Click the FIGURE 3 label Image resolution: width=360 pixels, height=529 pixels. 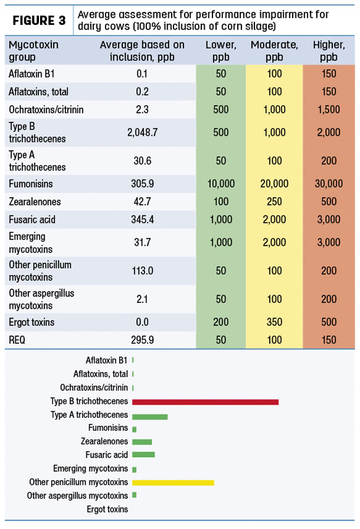pyautogui.click(x=39, y=21)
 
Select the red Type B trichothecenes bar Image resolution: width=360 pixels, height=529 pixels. pyautogui.click(x=205, y=402)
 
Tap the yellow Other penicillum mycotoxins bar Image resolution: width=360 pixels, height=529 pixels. pyautogui.click(x=173, y=483)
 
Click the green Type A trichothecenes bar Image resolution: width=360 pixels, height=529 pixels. pyautogui.click(x=150, y=417)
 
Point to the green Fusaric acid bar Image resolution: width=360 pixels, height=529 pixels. pyautogui.click(x=143, y=455)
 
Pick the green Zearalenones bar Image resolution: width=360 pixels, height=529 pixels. pyautogui.click(x=142, y=442)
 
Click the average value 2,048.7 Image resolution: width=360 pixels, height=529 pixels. pyautogui.click(x=142, y=132)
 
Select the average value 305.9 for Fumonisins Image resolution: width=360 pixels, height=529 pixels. pyautogui.click(x=142, y=184)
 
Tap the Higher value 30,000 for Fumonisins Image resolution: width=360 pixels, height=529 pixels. pyautogui.click(x=329, y=184)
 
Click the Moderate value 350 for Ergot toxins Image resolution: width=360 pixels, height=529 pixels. pyautogui.click(x=274, y=322)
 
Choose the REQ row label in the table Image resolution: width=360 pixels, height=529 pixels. pyautogui.click(x=17, y=339)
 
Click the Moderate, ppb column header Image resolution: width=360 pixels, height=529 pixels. pyautogui.click(x=274, y=51)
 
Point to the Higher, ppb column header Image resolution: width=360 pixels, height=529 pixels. pyautogui.click(x=329, y=51)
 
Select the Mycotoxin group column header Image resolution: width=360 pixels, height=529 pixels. pyautogui.click(x=34, y=51)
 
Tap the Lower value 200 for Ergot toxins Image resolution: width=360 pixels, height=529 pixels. pyautogui.click(x=221, y=322)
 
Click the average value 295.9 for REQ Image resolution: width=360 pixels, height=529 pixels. pyautogui.click(x=142, y=339)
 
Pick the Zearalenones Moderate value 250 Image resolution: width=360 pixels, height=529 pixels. pyautogui.click(x=274, y=201)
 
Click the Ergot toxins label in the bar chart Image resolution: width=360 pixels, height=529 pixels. pyautogui.click(x=107, y=509)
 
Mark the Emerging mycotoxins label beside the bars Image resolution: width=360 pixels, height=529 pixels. pyautogui.click(x=90, y=469)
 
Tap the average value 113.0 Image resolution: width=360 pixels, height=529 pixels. pyautogui.click(x=142, y=270)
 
